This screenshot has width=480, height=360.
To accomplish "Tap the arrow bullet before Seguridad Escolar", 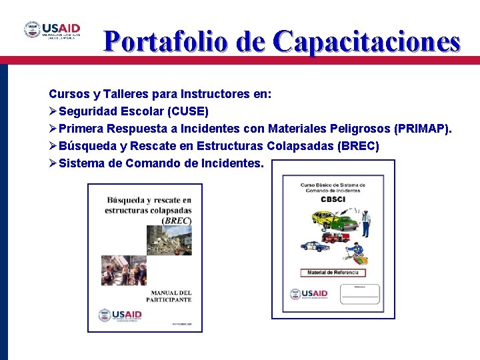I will coord(53,111).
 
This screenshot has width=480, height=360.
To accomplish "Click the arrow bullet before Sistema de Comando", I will coord(53,163).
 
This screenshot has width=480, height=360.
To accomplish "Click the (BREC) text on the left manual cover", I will coord(177,220).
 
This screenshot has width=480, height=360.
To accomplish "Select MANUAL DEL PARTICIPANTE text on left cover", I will coord(171,296).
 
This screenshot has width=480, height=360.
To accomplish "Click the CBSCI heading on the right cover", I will coord(333,199).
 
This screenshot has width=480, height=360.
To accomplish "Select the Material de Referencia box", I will coord(333,273).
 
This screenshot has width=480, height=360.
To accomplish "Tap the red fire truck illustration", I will coord(335,237).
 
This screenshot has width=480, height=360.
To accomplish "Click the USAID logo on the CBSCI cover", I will coord(309,293).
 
